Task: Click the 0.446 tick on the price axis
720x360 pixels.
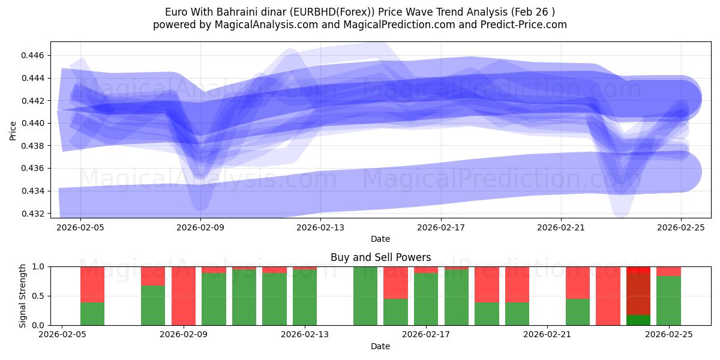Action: [35, 55]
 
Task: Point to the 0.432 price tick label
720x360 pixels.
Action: [35, 214]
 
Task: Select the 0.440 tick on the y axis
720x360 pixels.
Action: [35, 123]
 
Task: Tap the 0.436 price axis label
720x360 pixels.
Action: [35, 169]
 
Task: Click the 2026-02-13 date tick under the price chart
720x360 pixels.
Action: [320, 227]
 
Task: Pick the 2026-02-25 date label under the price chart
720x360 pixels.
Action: [680, 227]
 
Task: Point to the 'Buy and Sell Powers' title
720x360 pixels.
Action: [380, 257]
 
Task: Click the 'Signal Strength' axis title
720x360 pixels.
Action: [22, 296]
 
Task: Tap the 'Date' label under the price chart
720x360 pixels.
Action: [380, 239]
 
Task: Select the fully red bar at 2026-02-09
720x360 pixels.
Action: [184, 296]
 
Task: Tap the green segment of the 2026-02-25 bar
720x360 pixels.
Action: [668, 301]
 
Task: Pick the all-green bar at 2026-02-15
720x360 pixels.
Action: [365, 296]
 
